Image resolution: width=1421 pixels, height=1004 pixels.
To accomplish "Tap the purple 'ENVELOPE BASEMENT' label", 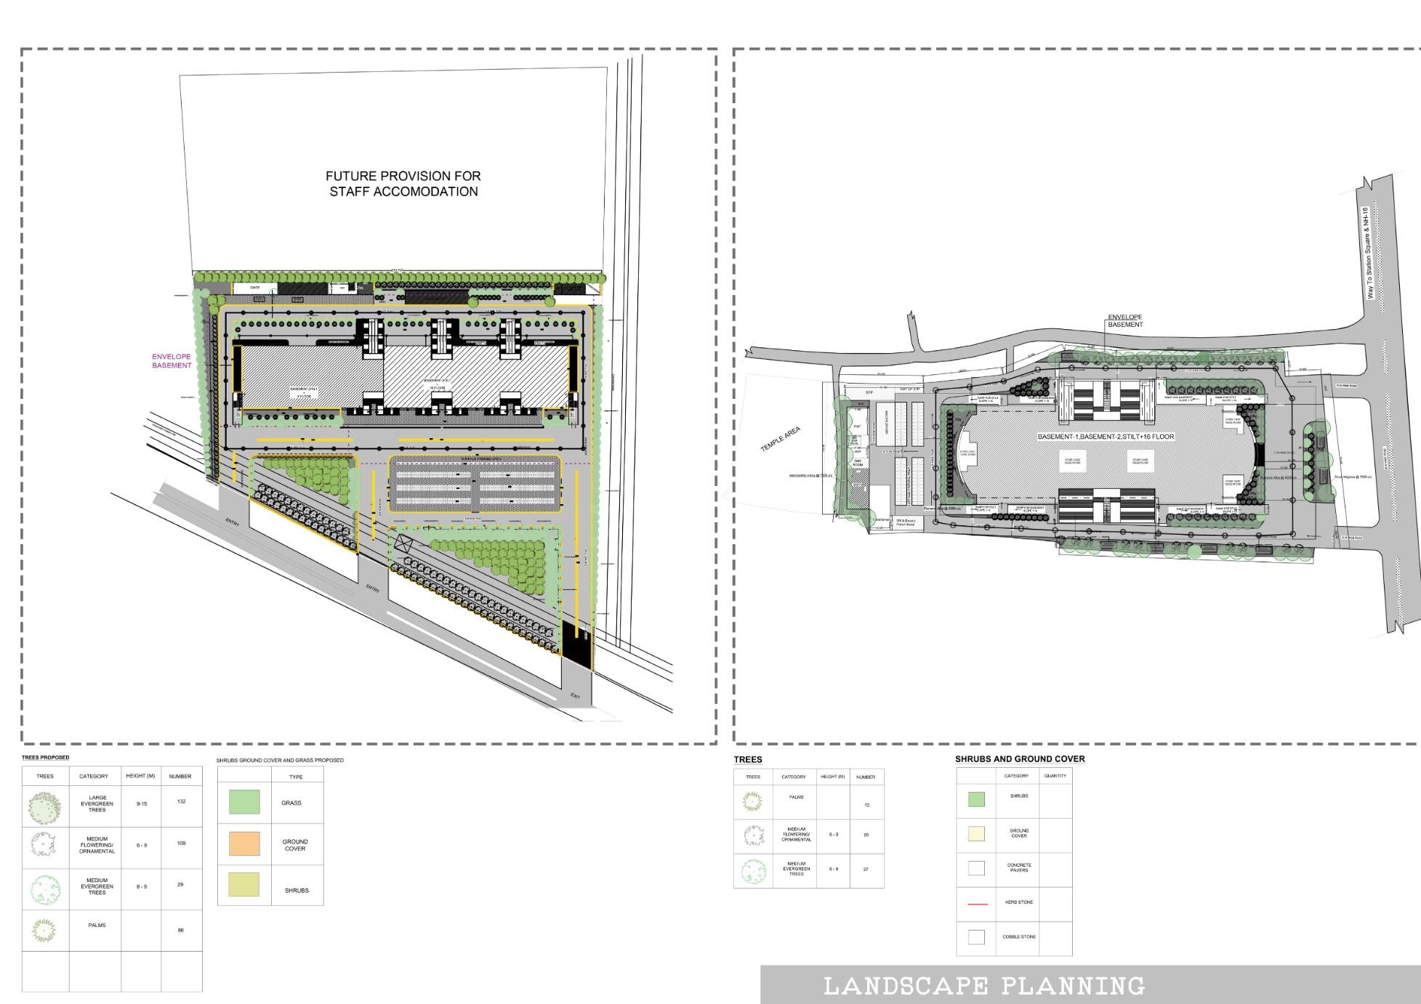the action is pyautogui.click(x=172, y=361).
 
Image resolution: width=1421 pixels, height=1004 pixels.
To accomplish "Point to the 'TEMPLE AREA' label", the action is pyautogui.click(x=781, y=440).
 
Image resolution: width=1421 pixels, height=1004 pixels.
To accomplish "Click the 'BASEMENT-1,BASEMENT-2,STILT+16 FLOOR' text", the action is pyautogui.click(x=1106, y=437).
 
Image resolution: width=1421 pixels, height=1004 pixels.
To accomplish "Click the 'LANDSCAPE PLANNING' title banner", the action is pyautogui.click(x=984, y=986).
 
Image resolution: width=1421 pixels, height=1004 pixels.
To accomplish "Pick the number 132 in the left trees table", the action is pyautogui.click(x=181, y=801).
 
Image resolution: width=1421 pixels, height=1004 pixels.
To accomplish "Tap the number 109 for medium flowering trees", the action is pyautogui.click(x=181, y=843).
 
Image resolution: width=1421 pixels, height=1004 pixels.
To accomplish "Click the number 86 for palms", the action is pyautogui.click(x=181, y=930).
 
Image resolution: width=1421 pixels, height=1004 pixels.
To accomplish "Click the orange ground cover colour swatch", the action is pyautogui.click(x=244, y=843).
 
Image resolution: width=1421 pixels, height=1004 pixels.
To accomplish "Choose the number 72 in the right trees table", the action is pyautogui.click(x=866, y=805).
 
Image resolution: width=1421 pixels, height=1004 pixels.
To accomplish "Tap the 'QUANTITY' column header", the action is pyautogui.click(x=1055, y=776).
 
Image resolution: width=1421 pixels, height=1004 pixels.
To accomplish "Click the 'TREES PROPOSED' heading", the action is pyautogui.click(x=46, y=758).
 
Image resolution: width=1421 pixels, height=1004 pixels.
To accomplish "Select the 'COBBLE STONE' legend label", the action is pyautogui.click(x=1018, y=936).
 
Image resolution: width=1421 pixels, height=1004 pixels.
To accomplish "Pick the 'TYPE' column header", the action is pyautogui.click(x=296, y=777).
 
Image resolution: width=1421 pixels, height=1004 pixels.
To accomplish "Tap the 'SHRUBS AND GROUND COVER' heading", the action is pyautogui.click(x=1020, y=759).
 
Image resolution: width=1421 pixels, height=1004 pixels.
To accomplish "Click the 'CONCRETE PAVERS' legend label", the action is pyautogui.click(x=1019, y=867).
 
